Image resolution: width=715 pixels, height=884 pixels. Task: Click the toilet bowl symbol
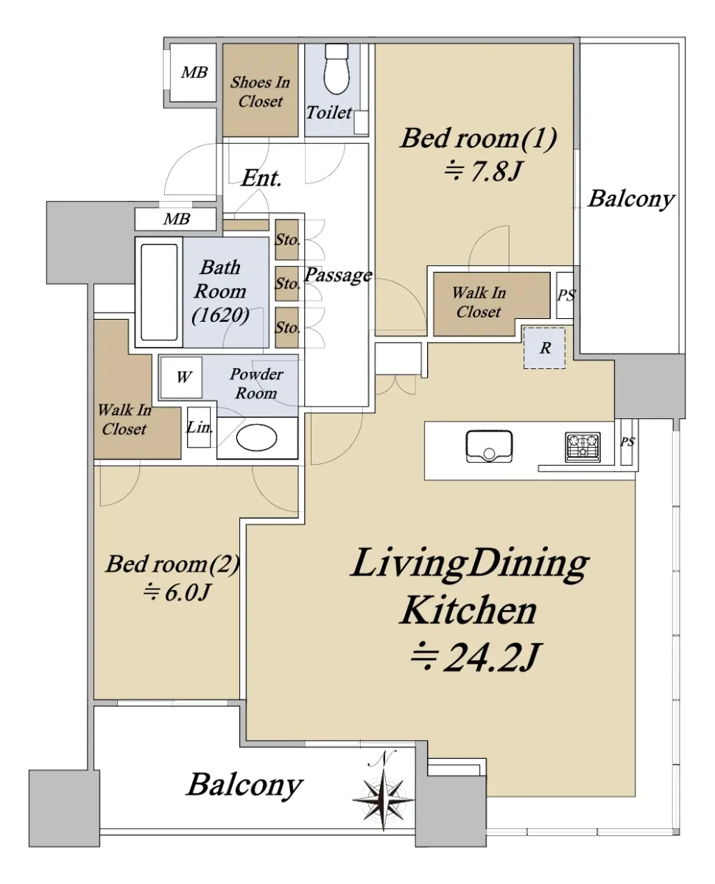point(337,69)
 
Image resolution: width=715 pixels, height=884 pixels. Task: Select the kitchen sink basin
point(489,446)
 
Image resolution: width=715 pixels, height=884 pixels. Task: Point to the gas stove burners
point(582,447)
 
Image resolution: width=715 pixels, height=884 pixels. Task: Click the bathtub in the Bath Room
point(159,292)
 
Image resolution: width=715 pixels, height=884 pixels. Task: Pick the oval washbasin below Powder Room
point(257,438)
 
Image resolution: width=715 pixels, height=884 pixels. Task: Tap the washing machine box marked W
point(182,377)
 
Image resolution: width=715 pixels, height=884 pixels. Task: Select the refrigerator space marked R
point(545,348)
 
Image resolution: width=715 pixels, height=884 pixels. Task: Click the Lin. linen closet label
point(200,427)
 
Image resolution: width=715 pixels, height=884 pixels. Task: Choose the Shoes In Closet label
point(260,92)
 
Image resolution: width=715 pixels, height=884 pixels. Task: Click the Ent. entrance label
point(261,178)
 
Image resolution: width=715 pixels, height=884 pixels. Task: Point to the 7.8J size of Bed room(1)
point(482,171)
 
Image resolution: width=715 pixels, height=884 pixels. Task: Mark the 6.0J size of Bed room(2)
point(177,592)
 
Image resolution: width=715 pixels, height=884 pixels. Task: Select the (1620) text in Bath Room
point(221,315)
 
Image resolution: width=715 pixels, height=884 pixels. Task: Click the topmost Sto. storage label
point(287,239)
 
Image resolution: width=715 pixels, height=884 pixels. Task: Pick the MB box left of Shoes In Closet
point(194,73)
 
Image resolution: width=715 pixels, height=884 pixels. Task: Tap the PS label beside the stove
point(627,442)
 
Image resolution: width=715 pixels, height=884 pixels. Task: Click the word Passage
point(338,276)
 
